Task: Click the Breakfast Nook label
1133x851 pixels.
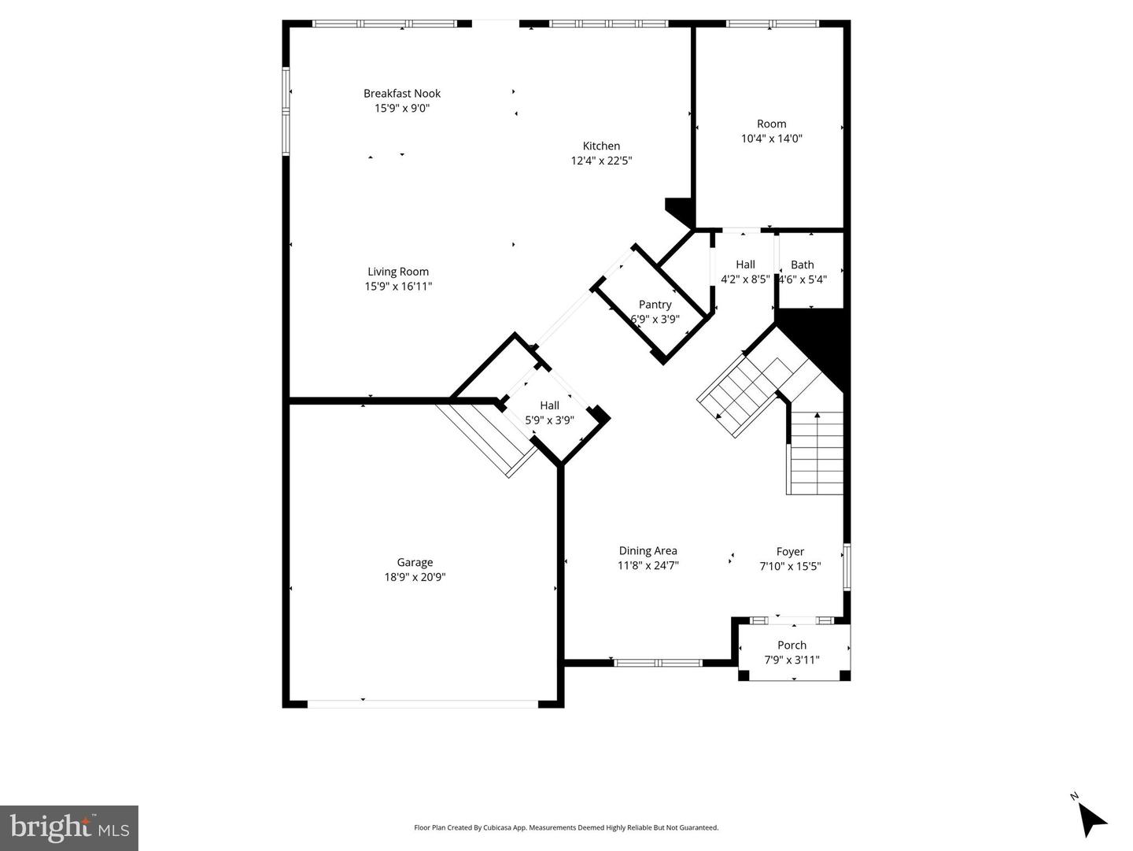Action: (401, 94)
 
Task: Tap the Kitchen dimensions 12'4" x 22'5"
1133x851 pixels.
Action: (601, 161)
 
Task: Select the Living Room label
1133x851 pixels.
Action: (398, 272)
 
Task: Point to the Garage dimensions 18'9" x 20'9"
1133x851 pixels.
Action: (415, 577)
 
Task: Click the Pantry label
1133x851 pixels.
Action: (655, 305)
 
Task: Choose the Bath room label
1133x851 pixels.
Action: (802, 265)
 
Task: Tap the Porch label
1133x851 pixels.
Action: (792, 646)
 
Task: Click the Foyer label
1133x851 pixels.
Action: (790, 552)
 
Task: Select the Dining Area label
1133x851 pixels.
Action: (648, 551)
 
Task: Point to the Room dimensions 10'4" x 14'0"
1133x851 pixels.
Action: (771, 139)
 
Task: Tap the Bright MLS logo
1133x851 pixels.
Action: (69, 828)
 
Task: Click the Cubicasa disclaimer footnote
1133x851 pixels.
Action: (566, 827)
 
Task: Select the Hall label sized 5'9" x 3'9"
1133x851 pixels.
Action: (549, 406)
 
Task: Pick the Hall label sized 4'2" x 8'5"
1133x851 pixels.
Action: (745, 265)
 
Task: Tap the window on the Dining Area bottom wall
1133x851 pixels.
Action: (658, 663)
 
